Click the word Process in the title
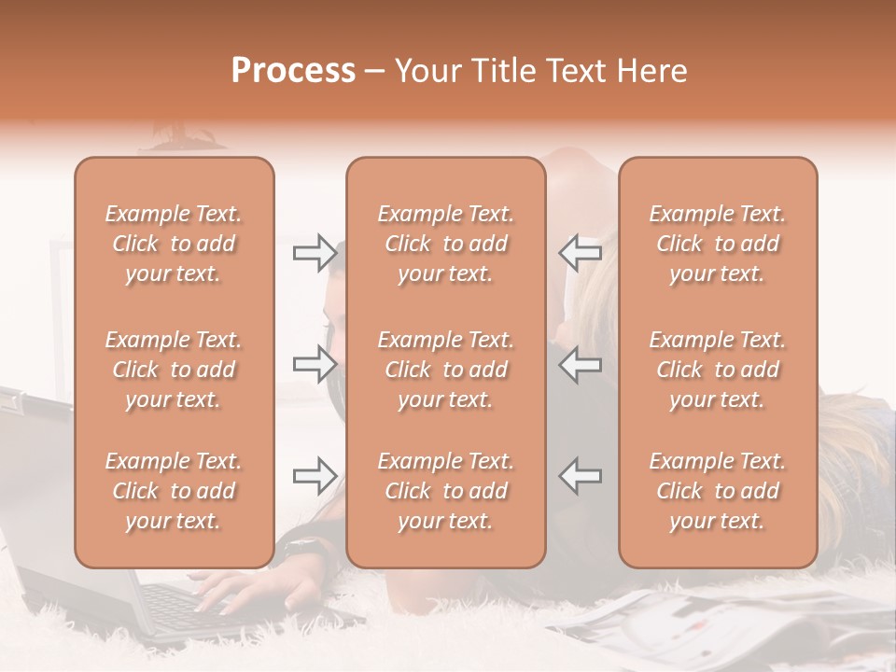click(x=293, y=71)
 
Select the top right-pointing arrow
click(x=315, y=252)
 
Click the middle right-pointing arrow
click(x=315, y=363)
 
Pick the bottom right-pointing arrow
click(x=315, y=475)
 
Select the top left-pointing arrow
click(x=580, y=252)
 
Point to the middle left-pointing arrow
click(x=580, y=363)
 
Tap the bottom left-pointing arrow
click(x=580, y=475)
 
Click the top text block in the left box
click(x=174, y=244)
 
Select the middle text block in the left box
click(x=174, y=370)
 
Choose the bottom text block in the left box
click(x=174, y=491)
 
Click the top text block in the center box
click(x=446, y=244)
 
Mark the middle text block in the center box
click(x=446, y=370)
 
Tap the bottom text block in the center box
click(x=446, y=491)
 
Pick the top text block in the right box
click(x=718, y=244)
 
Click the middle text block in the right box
click(x=718, y=370)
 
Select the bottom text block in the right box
click(x=718, y=491)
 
